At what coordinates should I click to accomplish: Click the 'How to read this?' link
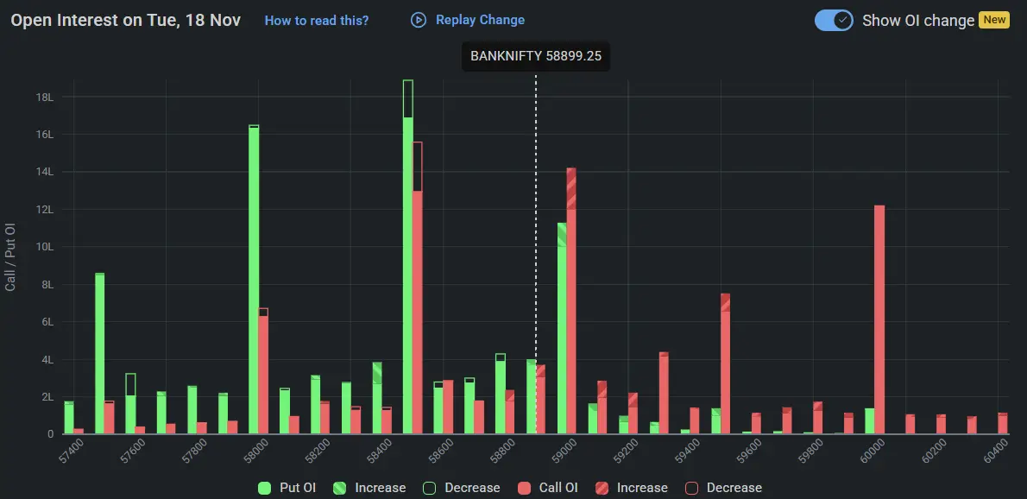coord(316,20)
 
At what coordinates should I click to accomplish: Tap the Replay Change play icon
coord(419,20)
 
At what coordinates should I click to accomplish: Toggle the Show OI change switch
coord(834,20)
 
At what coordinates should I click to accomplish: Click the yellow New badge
coord(994,20)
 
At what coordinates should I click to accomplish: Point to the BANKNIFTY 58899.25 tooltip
coord(535,56)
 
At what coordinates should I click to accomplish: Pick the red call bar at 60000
coord(879,319)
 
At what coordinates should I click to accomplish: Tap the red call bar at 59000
coord(571,302)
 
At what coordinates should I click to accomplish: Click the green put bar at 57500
coord(100,354)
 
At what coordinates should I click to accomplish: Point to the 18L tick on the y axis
coord(45,98)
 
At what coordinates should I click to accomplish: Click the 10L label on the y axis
coord(45,247)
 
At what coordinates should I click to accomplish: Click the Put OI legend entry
coord(288,488)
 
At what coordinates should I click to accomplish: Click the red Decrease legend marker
coord(691,488)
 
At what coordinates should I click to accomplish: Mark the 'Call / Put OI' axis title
coord(11,256)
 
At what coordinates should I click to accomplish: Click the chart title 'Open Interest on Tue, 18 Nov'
coord(126,20)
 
